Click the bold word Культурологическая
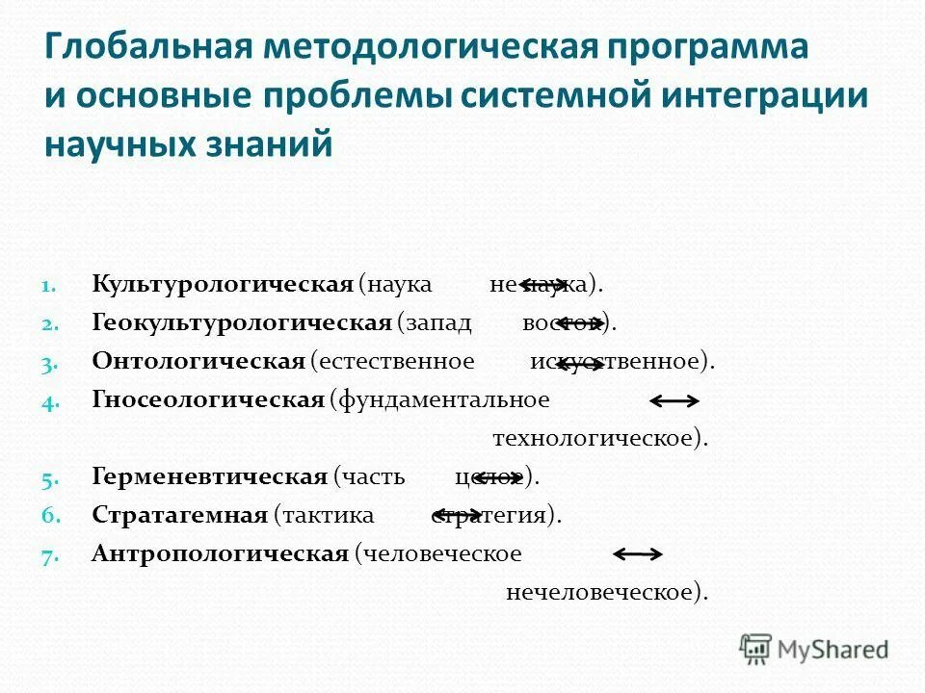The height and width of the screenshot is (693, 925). click(x=223, y=284)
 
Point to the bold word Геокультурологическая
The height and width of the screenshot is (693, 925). click(x=241, y=322)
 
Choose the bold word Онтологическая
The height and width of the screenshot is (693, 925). click(x=198, y=361)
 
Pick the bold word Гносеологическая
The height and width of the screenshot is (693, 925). click(x=208, y=399)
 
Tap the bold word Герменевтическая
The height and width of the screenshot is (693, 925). click(x=210, y=476)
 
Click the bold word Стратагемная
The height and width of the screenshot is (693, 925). click(x=179, y=515)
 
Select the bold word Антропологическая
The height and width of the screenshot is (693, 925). click(x=220, y=553)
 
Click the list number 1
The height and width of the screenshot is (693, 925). click(x=50, y=286)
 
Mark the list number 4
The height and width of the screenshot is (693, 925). click(x=50, y=401)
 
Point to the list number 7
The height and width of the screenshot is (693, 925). click(x=50, y=555)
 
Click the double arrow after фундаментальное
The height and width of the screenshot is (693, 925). click(x=674, y=400)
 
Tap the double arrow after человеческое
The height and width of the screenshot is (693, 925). click(x=638, y=553)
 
